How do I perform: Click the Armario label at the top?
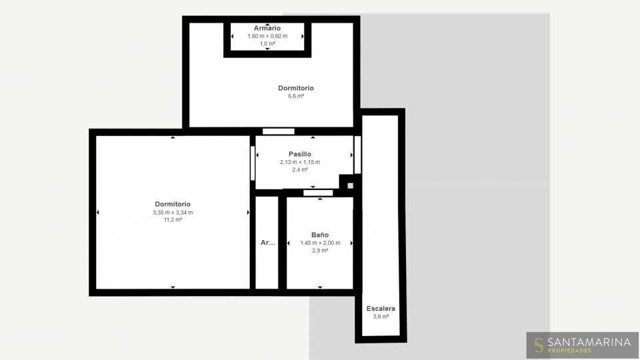tap(267, 28)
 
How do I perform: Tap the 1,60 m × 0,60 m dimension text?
tap(267, 36)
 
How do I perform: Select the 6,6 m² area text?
tap(296, 96)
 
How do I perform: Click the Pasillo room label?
tap(300, 154)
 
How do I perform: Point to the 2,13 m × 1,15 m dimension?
tap(300, 162)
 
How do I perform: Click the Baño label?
tap(320, 235)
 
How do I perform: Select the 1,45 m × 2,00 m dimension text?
tap(320, 243)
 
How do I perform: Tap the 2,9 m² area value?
tap(320, 251)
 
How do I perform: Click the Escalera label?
tap(381, 309)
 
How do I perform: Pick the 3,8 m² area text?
tap(381, 316)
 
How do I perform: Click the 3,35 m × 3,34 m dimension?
tap(173, 212)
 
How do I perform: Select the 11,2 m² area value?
tap(173, 219)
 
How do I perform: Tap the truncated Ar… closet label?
tap(268, 243)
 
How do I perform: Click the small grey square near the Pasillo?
tap(350, 186)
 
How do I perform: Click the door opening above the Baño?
tap(318, 193)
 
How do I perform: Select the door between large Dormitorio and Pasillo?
tap(253, 163)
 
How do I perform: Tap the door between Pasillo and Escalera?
tap(357, 155)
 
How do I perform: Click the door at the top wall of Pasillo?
tap(279, 131)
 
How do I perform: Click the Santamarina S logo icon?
tap(539, 345)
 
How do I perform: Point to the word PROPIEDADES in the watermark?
tap(569, 351)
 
